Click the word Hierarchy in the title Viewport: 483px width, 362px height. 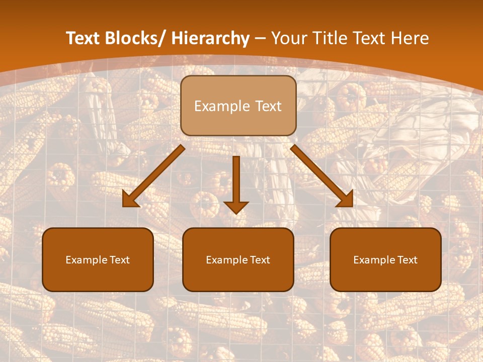210,38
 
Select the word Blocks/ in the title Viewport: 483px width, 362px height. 137,38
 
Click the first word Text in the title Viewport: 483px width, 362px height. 84,38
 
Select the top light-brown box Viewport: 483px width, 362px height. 238,106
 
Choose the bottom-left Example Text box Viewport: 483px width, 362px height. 98,260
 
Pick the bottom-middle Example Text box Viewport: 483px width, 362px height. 238,260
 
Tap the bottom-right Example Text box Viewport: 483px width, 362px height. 385,260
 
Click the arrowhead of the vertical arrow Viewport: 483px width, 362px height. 236,206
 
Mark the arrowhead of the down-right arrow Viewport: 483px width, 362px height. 346,200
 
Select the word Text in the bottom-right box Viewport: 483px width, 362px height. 408,260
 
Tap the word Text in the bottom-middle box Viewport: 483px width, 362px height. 260,260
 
